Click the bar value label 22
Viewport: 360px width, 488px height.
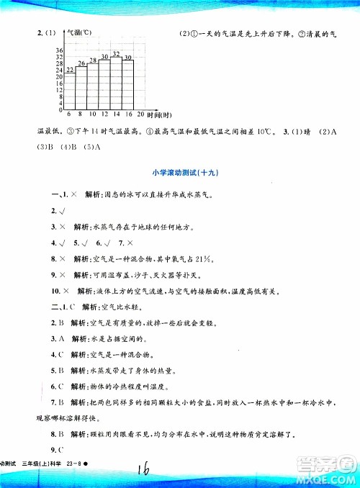[70, 71]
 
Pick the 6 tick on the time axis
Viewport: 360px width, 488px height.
[68, 114]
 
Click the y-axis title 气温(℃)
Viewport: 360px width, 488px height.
[77, 33]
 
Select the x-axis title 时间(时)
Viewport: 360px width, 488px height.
[158, 115]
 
